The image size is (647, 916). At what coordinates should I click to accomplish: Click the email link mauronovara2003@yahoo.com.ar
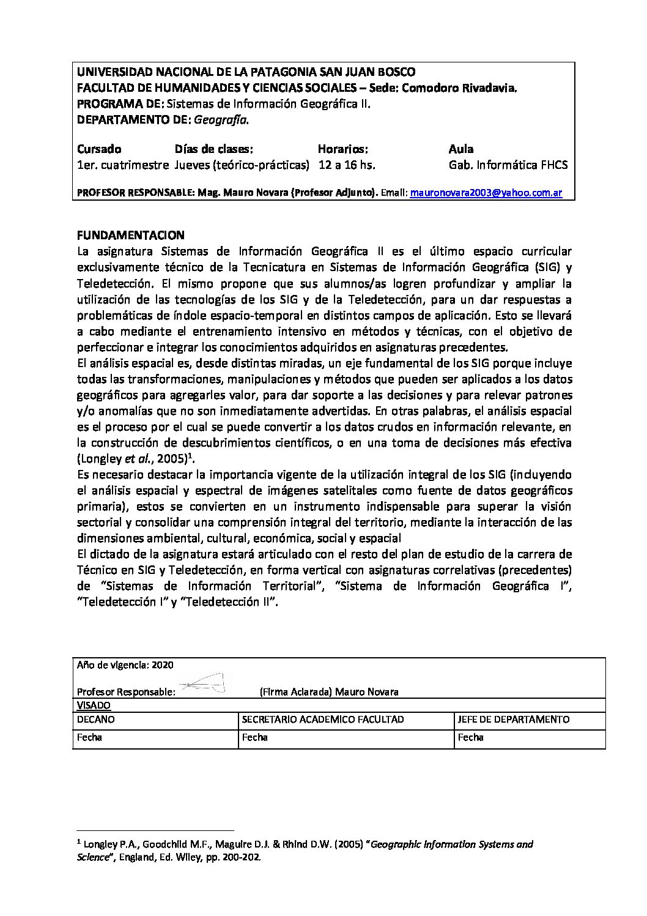(486, 193)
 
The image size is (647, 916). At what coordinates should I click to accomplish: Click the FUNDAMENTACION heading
(130, 236)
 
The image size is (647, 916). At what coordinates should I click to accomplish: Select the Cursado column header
(99, 149)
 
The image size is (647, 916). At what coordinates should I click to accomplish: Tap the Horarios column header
(342, 149)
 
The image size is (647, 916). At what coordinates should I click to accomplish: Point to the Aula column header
(460, 149)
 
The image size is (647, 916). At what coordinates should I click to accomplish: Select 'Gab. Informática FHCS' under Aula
(508, 165)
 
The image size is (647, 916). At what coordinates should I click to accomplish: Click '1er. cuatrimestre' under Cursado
(123, 165)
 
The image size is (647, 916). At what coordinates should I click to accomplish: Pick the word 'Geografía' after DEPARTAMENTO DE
(221, 120)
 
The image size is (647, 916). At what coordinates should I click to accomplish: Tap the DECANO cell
(96, 720)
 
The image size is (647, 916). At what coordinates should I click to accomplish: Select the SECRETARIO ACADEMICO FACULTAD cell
(323, 720)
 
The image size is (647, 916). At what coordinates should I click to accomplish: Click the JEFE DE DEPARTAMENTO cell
(513, 720)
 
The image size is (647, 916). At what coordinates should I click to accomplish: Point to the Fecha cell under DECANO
(89, 737)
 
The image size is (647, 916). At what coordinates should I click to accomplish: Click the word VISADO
(94, 705)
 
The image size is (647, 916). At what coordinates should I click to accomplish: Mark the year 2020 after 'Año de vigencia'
(163, 665)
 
